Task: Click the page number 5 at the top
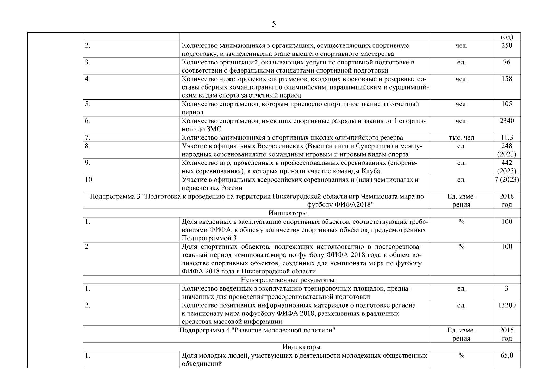(274, 24)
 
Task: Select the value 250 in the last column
(506, 45)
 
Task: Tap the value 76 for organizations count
(506, 62)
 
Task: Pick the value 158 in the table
(506, 79)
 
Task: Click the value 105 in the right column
(506, 104)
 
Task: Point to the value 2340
(506, 121)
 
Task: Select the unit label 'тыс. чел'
(461, 138)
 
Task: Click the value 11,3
(506, 138)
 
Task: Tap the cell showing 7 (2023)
(506, 180)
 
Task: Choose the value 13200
(506, 305)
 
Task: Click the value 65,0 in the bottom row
(506, 355)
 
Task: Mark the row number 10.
(89, 180)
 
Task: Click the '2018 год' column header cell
(506, 200)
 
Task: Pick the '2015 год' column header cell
(506, 334)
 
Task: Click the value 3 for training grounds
(506, 288)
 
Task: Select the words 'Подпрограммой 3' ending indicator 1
(209, 238)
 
